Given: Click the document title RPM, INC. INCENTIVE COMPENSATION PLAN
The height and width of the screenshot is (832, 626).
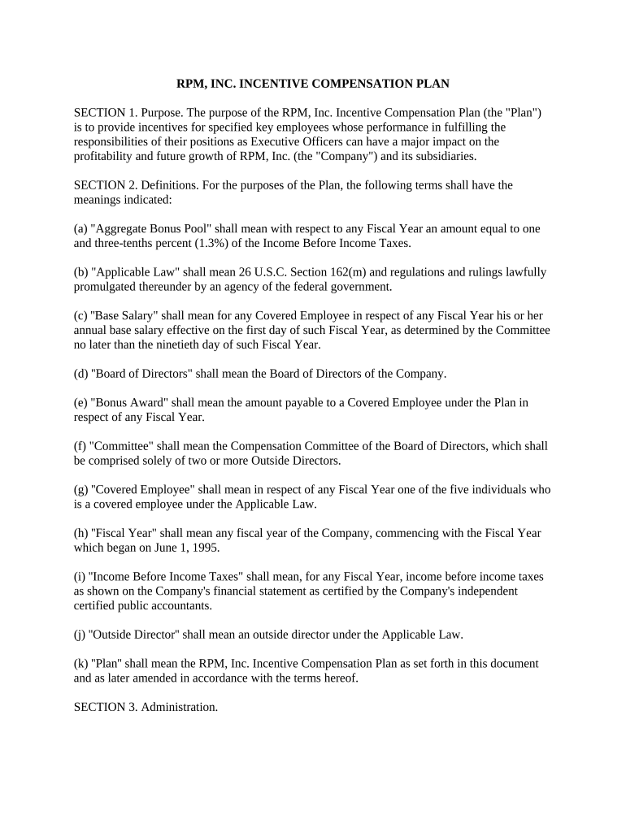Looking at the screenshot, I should click(x=313, y=83).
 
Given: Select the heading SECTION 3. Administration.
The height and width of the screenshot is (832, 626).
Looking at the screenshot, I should click(x=146, y=707).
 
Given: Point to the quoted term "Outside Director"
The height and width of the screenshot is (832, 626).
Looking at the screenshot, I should click(x=133, y=634).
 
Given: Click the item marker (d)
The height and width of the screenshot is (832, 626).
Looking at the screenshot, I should click(x=80, y=374).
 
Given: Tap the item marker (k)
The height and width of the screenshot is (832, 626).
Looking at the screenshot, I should click(x=80, y=664).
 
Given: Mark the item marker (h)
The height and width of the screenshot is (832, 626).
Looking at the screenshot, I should click(x=80, y=533).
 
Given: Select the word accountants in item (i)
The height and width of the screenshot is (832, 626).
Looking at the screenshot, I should click(x=181, y=605).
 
